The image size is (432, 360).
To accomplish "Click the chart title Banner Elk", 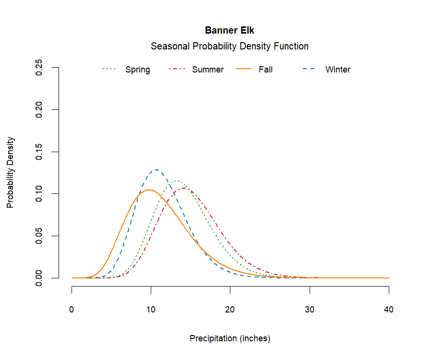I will click(229, 30).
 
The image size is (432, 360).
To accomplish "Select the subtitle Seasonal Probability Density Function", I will click(229, 47).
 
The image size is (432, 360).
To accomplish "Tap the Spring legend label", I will click(138, 70).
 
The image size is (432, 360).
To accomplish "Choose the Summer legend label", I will click(208, 70).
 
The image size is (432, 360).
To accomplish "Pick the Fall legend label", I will click(265, 70).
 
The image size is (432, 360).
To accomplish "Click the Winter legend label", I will click(338, 70).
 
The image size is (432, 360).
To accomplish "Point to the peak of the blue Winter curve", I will click(156, 169).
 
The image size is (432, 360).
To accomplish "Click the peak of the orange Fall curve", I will click(149, 190).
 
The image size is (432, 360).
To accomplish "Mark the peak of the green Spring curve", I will click(177, 181).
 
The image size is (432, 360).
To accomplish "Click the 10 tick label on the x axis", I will click(151, 310).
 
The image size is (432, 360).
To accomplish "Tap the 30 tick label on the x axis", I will click(310, 310).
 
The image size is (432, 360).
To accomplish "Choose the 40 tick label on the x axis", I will click(389, 310).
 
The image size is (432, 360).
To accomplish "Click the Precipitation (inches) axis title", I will click(230, 338).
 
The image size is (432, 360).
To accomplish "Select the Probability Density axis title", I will click(11, 173).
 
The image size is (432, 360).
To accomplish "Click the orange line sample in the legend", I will click(244, 70).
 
